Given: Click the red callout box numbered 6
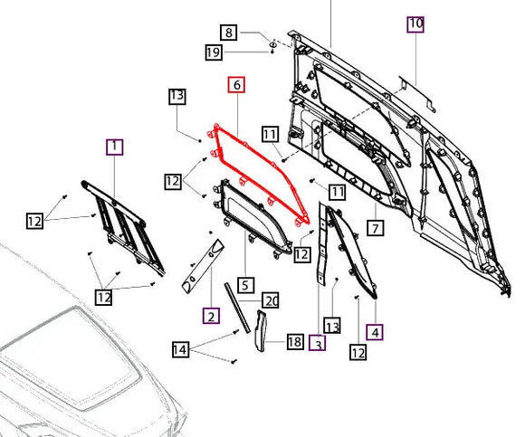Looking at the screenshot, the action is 236,85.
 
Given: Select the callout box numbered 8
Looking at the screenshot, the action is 229,33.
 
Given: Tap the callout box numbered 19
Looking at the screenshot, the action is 214,52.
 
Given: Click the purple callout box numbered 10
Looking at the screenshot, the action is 415,24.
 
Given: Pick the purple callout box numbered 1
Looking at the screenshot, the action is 115,147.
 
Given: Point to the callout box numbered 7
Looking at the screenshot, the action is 376,228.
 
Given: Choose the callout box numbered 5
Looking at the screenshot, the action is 245,285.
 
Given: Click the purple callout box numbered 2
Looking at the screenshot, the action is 211,315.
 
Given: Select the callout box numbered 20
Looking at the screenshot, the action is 271,300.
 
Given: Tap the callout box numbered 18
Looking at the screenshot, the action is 295,342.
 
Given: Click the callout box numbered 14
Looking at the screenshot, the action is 180,349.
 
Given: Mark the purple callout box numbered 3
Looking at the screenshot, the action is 317,343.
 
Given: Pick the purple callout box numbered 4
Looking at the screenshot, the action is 375,332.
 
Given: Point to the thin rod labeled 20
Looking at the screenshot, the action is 237,308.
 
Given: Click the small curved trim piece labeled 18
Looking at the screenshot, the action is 262,330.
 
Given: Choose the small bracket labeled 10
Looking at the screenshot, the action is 417,94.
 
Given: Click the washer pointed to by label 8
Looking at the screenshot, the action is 273,44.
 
